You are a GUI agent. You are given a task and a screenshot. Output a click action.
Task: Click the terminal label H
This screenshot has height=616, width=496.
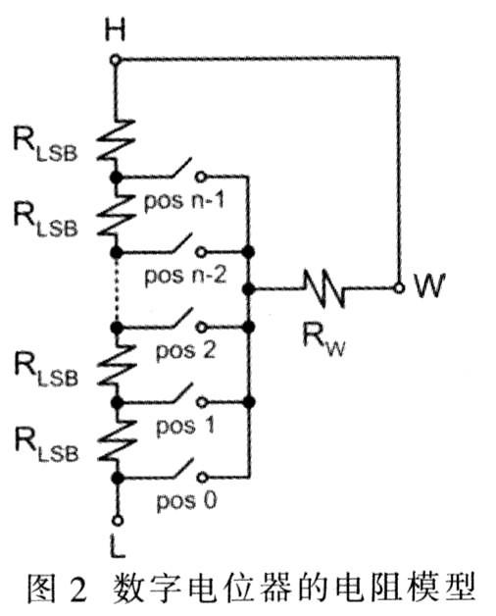click(115, 30)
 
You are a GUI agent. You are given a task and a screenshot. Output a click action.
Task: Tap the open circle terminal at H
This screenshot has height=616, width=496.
click(115, 60)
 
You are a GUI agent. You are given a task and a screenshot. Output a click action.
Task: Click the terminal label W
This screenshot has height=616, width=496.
click(429, 284)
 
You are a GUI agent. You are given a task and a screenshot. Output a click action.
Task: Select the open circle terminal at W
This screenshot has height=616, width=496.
click(399, 288)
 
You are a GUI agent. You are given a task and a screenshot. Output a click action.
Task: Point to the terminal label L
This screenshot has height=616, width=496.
click(117, 546)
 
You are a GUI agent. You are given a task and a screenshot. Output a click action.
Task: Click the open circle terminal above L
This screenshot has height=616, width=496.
click(118, 521)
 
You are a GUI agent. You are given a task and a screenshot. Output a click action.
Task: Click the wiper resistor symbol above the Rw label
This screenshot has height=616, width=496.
click(324, 288)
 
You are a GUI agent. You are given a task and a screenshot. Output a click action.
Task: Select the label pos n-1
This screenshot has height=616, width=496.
click(184, 201)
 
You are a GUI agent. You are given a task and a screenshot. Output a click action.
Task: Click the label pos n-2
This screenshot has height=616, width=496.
click(185, 275)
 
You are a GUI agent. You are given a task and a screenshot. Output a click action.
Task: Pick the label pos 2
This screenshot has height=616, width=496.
click(185, 350)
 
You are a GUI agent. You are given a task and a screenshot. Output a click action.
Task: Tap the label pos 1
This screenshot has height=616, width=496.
click(185, 426)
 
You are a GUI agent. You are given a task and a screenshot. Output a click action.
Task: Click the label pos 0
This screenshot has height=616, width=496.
click(186, 501)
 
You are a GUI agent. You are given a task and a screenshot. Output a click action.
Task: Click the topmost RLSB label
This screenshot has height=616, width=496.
click(45, 143)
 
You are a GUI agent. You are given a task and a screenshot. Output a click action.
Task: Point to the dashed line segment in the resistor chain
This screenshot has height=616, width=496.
click(117, 290)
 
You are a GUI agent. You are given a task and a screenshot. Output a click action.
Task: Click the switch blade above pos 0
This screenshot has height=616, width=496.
click(183, 468)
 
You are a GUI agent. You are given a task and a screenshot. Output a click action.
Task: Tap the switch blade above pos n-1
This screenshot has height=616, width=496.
click(181, 168)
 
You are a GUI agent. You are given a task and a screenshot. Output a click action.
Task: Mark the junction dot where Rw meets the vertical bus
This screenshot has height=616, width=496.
click(248, 289)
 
